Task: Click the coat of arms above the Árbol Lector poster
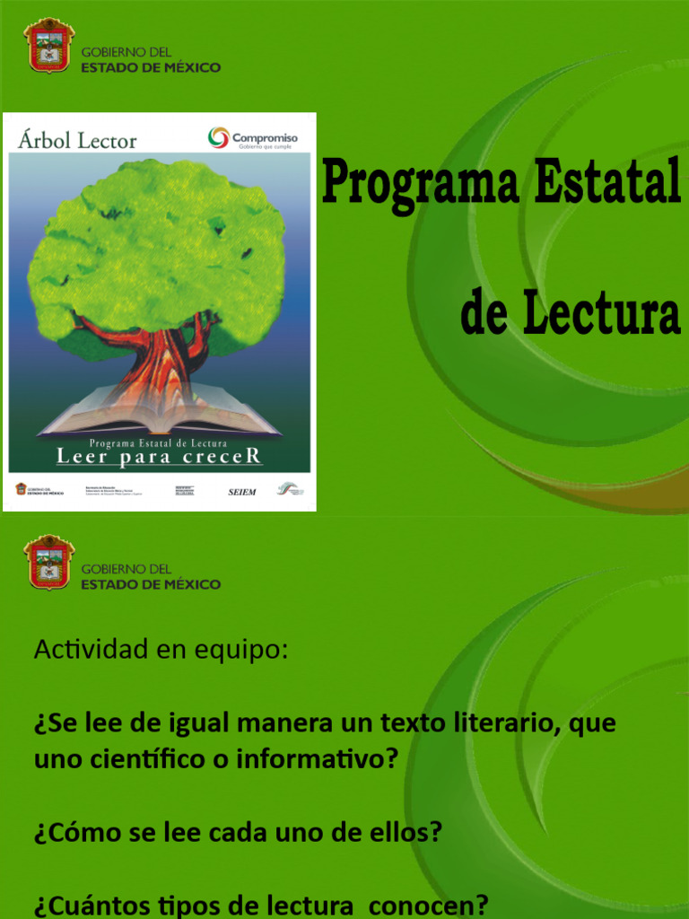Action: coord(49,45)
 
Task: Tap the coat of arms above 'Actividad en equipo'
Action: coord(49,562)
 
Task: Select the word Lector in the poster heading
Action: coord(107,140)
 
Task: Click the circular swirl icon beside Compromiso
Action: coord(218,137)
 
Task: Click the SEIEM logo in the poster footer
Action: coord(241,492)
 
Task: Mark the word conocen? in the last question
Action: coord(430,906)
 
